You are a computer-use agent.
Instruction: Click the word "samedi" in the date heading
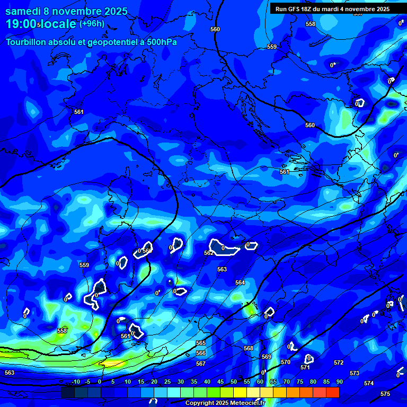point(24,11)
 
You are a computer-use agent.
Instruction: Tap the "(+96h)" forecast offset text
point(92,24)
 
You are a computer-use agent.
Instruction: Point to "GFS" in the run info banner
point(297,9)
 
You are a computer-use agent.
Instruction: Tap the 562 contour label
point(209,253)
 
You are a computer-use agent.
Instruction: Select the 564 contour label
point(240,282)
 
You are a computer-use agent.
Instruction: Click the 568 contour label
point(248,348)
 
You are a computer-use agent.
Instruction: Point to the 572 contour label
point(339,362)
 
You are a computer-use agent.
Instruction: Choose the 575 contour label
point(385,394)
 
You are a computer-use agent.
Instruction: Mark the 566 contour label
point(201,353)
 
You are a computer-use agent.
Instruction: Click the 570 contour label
point(285,362)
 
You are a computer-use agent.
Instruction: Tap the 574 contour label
point(369,383)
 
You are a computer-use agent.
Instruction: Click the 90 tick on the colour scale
point(339,382)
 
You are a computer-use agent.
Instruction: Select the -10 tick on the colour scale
point(75,382)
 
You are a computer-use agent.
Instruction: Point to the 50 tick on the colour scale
point(234,382)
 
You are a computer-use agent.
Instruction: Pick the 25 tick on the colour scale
point(167,382)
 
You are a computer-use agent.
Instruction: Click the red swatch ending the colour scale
point(333,392)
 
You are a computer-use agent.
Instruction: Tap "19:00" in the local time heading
point(21,24)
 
